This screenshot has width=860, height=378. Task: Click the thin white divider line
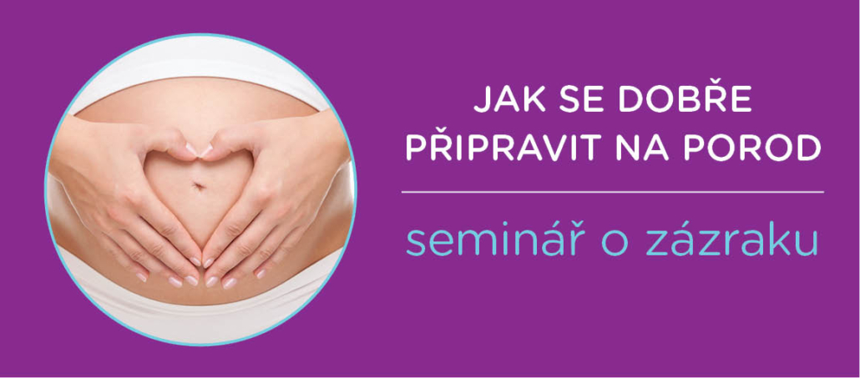[x=612, y=192]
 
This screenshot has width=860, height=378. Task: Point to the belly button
[x=199, y=186]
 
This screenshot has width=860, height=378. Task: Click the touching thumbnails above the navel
[x=199, y=149]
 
